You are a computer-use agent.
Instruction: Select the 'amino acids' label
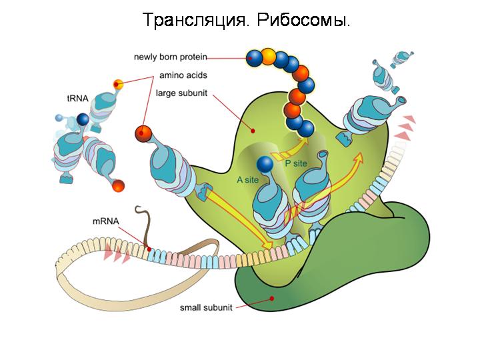pos(181,75)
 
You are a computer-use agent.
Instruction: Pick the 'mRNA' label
pos(105,221)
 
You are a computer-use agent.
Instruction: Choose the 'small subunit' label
pos(206,308)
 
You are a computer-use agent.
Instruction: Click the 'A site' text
pos(247,179)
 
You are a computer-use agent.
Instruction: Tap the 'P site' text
pos(297,163)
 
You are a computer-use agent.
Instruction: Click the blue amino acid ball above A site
pos(265,163)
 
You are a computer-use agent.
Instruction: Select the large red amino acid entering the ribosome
pos(143,133)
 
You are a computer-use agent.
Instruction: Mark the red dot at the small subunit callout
pos(271,299)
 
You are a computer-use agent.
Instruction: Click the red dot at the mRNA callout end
pos(150,251)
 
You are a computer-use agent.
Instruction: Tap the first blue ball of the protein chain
pos(254,58)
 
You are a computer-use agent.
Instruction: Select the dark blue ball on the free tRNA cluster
pos(83,119)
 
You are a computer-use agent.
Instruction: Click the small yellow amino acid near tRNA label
pos(119,84)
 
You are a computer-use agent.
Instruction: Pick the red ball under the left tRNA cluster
pos(119,185)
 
